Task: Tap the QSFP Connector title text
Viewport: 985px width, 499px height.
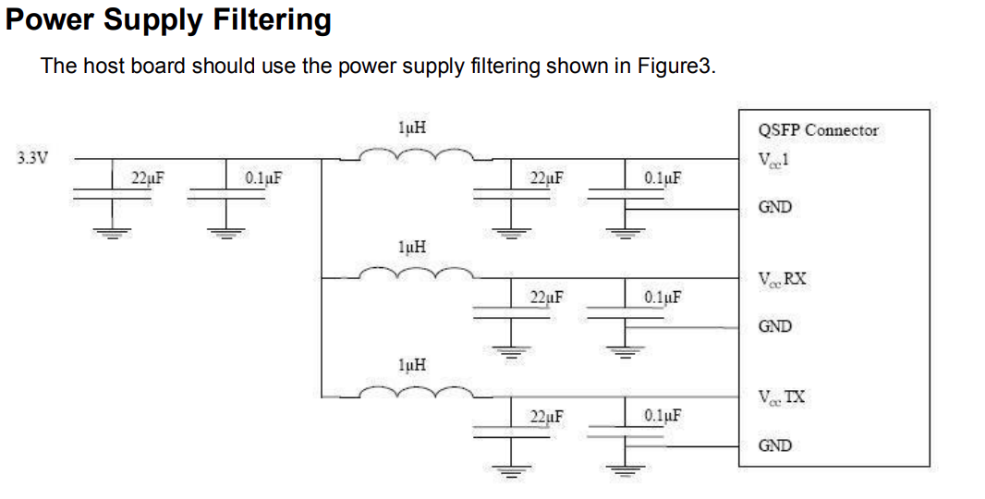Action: (x=818, y=130)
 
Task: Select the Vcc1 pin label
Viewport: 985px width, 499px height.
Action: (x=773, y=158)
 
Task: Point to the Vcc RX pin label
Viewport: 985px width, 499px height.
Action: (x=782, y=278)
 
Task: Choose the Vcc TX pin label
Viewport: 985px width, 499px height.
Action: (x=781, y=397)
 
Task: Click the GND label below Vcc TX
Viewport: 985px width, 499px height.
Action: (x=774, y=445)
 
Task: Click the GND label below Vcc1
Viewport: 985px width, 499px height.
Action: (x=774, y=207)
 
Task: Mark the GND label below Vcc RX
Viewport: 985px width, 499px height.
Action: (x=774, y=326)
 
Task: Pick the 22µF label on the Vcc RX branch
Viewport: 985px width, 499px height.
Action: (x=547, y=297)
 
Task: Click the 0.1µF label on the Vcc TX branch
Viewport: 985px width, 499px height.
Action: (x=663, y=416)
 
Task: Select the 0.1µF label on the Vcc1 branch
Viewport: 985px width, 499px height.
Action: (x=663, y=177)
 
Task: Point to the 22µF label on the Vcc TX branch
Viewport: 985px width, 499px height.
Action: (x=547, y=416)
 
